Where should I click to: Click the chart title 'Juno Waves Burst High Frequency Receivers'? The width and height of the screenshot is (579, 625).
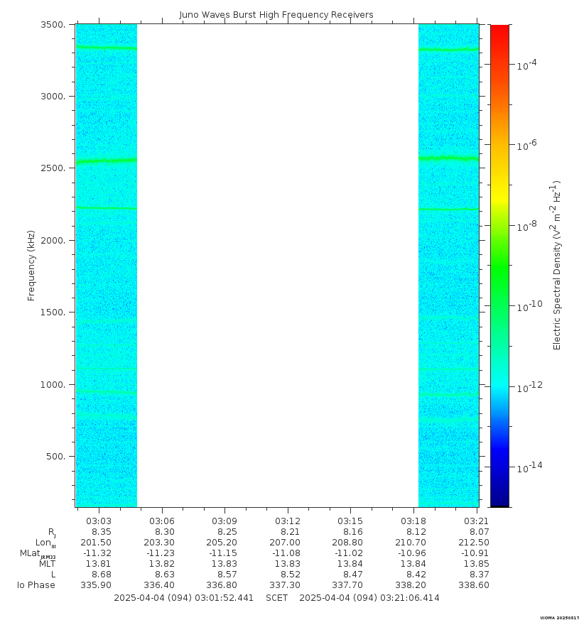tap(276, 15)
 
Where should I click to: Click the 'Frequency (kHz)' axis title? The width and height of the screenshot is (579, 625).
tap(31, 266)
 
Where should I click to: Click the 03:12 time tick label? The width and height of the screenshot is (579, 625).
tap(288, 520)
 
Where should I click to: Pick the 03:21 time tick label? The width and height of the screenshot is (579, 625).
tap(477, 520)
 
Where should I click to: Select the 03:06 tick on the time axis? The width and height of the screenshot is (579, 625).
tap(162, 520)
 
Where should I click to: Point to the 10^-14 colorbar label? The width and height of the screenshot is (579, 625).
tap(529, 467)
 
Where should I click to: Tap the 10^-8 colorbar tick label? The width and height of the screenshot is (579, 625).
tap(526, 226)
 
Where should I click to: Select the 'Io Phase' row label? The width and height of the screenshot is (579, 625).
tap(36, 585)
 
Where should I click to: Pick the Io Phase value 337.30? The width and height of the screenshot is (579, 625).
tap(288, 585)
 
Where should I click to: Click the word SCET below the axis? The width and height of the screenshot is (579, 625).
tap(277, 598)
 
